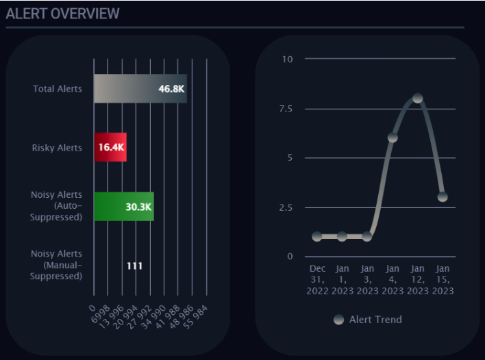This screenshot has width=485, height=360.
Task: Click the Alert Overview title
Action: pyautogui.click(x=62, y=13)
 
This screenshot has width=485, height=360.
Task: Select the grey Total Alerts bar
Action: pyautogui.click(x=140, y=88)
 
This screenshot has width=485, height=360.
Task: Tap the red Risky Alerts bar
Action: pyautogui.click(x=110, y=147)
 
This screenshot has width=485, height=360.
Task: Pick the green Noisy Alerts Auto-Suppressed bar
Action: pyautogui.click(x=123, y=207)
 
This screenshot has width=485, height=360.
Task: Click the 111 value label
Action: pyautogui.click(x=134, y=266)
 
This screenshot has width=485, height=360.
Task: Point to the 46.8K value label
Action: pyautogui.click(x=171, y=89)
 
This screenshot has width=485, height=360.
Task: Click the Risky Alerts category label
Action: pyautogui.click(x=57, y=148)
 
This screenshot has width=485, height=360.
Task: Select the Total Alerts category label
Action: pyautogui.click(x=57, y=89)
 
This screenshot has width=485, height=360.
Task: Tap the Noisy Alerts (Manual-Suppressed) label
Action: pyautogui.click(x=56, y=265)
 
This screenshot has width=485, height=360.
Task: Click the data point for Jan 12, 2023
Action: pyautogui.click(x=417, y=99)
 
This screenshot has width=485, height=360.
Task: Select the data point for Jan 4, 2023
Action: pyautogui.click(x=393, y=138)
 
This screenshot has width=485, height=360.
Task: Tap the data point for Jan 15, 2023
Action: pyautogui.click(x=443, y=196)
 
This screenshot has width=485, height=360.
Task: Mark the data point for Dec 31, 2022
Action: pyautogui.click(x=316, y=236)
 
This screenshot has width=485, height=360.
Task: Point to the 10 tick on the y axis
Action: pyautogui.click(x=287, y=59)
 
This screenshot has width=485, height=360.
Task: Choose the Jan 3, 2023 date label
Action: pyautogui.click(x=367, y=279)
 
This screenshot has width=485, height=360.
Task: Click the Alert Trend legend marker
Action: pyautogui.click(x=338, y=320)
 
